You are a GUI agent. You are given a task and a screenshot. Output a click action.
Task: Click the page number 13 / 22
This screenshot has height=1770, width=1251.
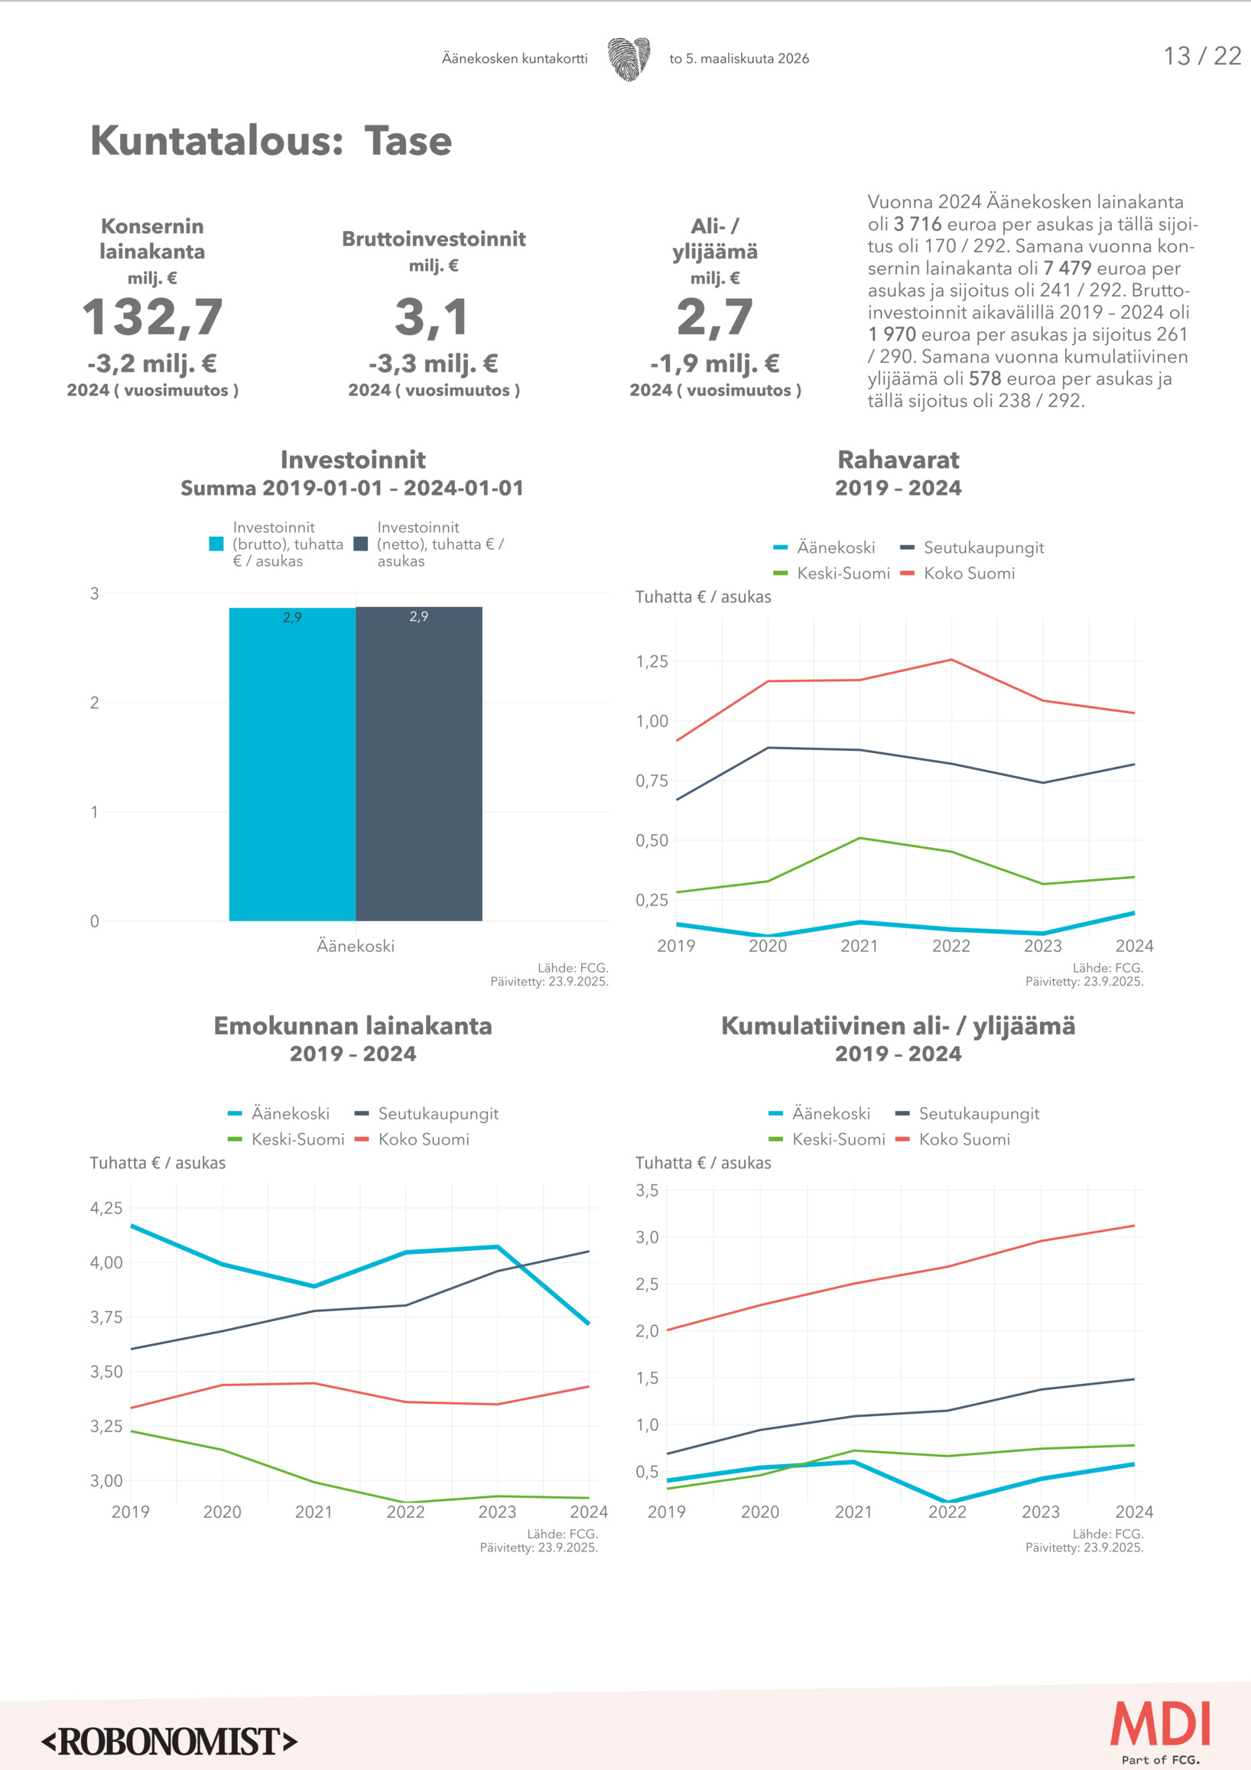[x=1201, y=57]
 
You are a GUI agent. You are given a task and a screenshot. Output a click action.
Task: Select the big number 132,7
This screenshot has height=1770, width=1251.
[x=153, y=317]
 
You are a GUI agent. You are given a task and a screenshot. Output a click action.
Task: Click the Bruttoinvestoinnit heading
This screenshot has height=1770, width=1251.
[x=434, y=239]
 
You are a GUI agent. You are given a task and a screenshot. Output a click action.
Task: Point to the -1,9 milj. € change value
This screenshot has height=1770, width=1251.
[x=714, y=363]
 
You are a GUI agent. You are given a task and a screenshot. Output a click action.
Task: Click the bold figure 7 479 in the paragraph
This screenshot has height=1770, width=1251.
[x=1067, y=268]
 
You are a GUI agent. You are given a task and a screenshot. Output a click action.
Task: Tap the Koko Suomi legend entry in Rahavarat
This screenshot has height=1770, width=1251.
[x=968, y=573]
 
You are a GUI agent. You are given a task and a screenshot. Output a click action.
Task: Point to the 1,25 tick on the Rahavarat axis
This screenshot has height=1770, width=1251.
[x=651, y=661]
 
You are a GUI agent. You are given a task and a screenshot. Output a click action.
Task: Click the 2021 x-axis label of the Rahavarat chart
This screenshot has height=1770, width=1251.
[x=859, y=946]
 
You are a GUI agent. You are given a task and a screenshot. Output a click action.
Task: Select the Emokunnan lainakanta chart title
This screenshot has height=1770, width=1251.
[x=353, y=1026]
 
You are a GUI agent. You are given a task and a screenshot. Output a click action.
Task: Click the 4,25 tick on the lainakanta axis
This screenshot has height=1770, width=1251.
[x=106, y=1208]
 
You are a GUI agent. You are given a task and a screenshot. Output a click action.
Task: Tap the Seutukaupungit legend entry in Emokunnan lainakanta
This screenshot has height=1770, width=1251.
[x=437, y=1114]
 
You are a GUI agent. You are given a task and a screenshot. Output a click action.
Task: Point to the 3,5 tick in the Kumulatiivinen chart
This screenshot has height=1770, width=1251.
[x=647, y=1190]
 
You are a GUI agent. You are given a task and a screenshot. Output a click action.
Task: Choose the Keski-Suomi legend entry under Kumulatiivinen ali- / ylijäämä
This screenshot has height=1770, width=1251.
[x=838, y=1139]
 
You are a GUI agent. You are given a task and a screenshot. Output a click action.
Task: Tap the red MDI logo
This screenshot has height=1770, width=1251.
[x=1159, y=1724]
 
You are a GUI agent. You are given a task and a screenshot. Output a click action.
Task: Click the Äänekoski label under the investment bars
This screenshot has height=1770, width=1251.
[x=356, y=946]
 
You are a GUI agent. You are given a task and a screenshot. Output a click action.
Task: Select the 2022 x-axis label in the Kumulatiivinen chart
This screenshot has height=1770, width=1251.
[x=947, y=1512]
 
